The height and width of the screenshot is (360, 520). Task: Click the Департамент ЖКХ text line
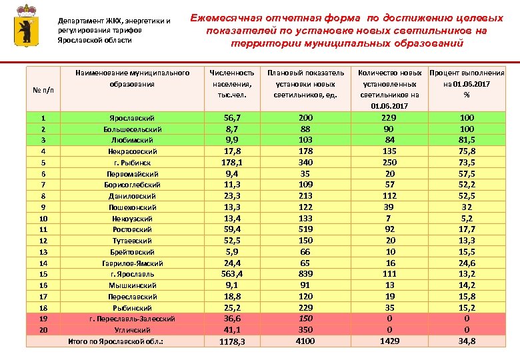coord(113,21)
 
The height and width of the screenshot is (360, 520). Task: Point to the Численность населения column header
coord(231,83)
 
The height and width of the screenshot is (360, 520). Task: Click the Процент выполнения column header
coord(467,83)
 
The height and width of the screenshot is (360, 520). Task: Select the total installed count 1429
coord(390,341)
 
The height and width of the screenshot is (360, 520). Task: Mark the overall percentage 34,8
coord(467,341)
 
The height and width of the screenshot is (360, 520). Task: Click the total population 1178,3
coord(232,342)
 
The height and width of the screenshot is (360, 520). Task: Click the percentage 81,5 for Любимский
coord(467,139)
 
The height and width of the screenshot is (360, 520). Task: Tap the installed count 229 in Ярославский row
coord(390,117)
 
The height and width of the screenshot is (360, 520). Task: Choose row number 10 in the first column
coord(43,218)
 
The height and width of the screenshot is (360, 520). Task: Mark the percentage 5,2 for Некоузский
coord(467,218)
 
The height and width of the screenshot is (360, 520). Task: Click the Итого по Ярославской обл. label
coord(116,342)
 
